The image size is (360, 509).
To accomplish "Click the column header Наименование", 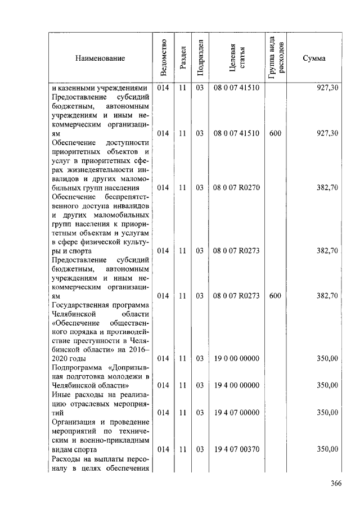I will (98, 58).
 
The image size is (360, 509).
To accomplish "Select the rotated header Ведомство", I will (163, 58).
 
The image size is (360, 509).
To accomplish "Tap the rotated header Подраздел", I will (200, 58).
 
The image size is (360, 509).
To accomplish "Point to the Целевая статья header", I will (236, 58).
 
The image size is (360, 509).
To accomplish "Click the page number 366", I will (336, 483).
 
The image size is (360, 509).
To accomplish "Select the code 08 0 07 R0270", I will (236, 187).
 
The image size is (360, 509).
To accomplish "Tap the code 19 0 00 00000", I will (236, 358).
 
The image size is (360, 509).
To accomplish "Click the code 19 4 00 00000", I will (236, 385).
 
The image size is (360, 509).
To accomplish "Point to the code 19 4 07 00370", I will (236, 449).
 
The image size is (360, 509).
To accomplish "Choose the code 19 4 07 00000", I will (236, 412).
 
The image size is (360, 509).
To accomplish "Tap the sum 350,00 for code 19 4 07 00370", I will (327, 449).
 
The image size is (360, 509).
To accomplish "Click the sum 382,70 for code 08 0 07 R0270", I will (327, 187).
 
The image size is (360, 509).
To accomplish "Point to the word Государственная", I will (78, 304).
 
